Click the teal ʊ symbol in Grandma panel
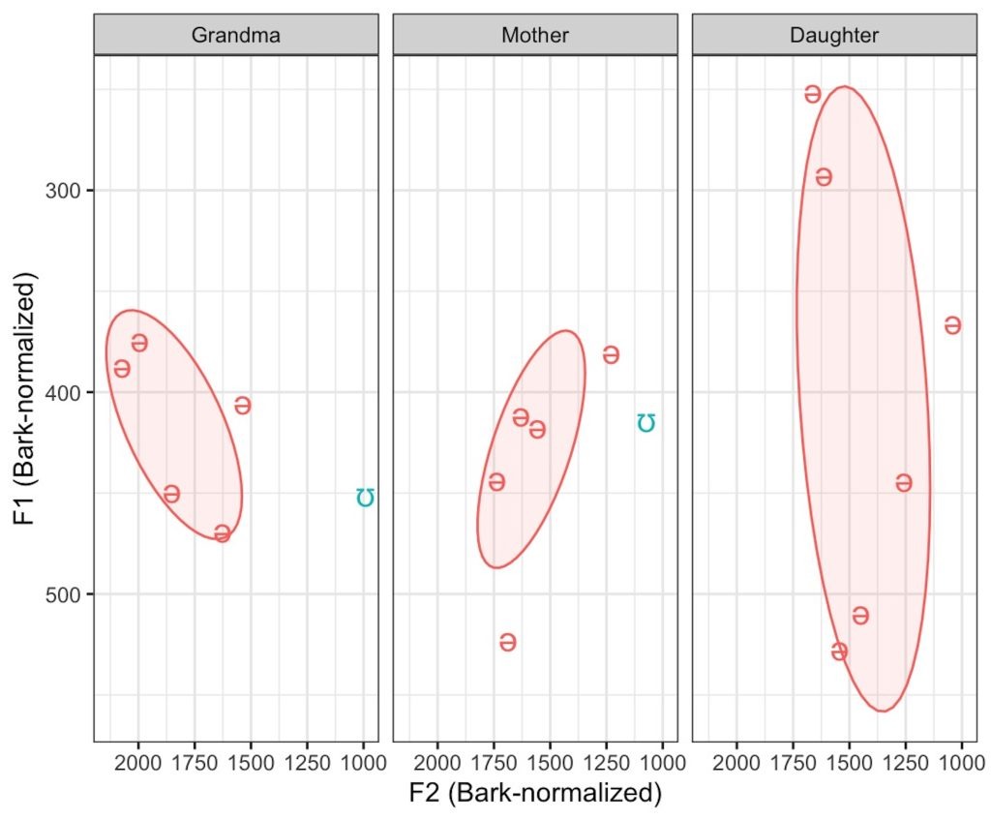pos(365,497)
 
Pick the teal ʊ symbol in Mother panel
pos(646,423)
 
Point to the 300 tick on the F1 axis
pos(66,191)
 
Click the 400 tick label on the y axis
pos(66,392)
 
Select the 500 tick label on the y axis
pos(66,594)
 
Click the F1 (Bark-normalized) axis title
pos(25,399)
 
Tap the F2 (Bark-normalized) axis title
pos(535,794)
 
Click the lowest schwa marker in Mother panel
pos(507,642)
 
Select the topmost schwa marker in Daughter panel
pos(813,94)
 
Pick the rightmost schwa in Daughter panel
pos(952,325)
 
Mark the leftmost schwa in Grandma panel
pos(122,369)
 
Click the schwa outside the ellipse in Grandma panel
pos(243,406)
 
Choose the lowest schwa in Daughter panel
pos(839,652)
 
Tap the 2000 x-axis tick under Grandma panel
pos(137,761)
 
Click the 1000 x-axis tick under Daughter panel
pos(962,761)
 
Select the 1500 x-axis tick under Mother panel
pos(550,761)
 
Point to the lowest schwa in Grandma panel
pos(223,533)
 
